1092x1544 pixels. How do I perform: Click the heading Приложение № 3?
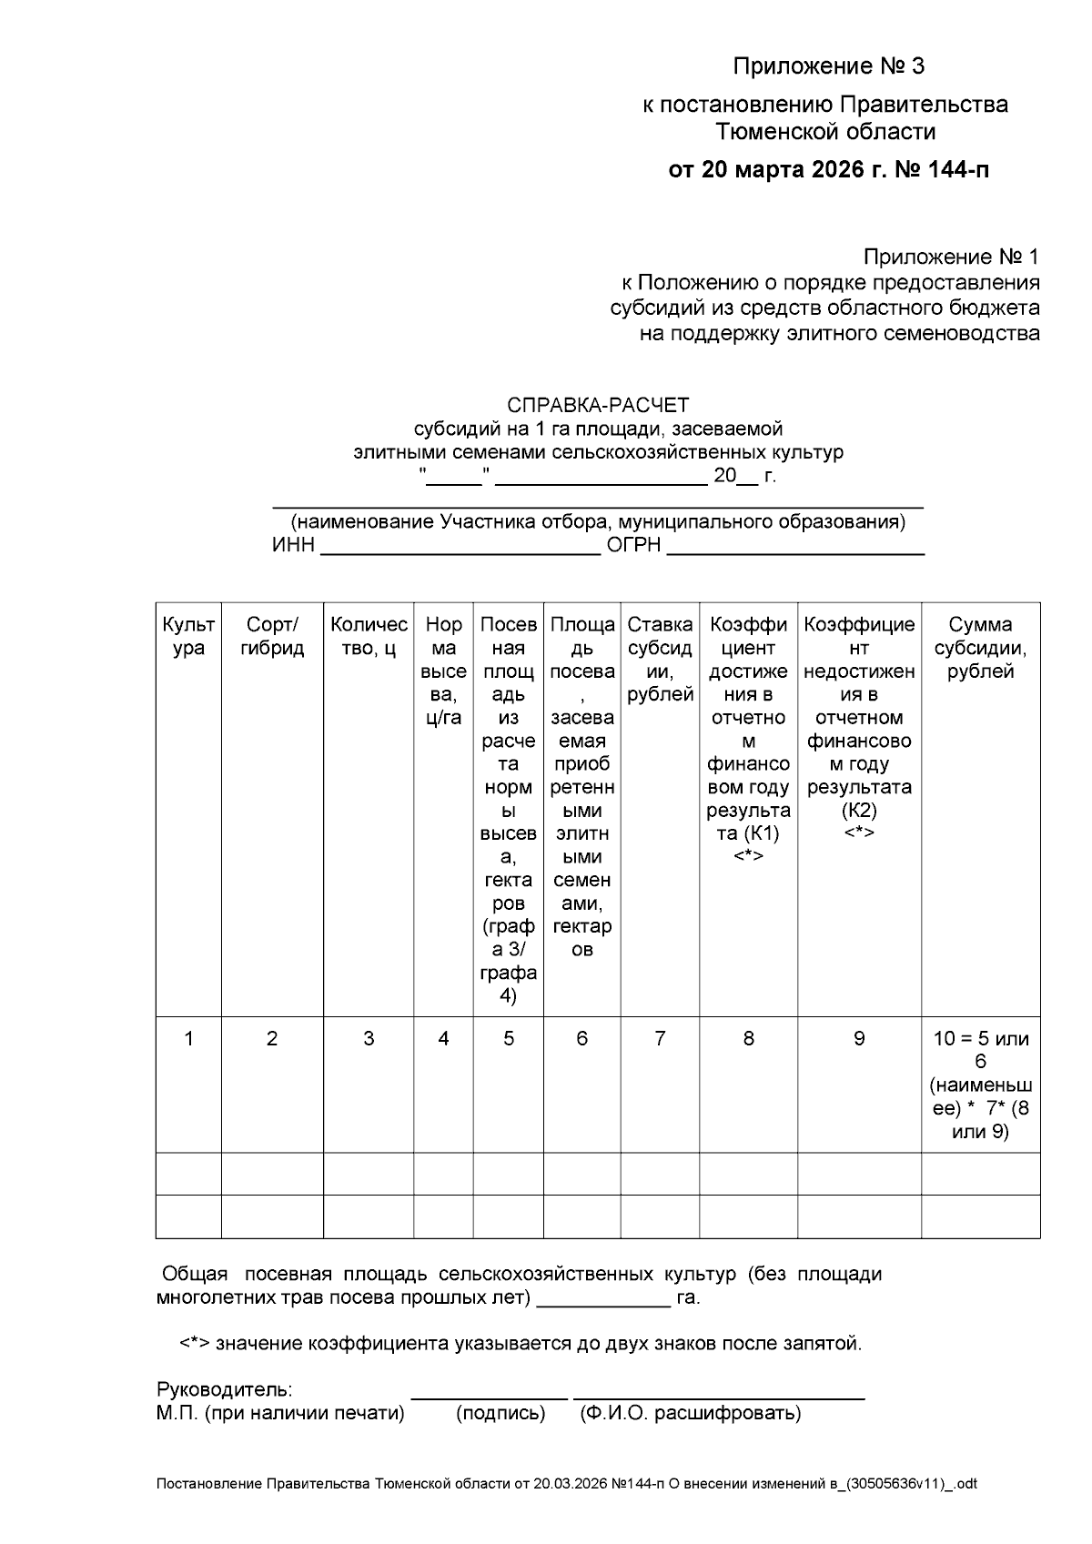828,66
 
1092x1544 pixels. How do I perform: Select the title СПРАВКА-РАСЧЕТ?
598,405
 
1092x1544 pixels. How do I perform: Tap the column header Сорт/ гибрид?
272,636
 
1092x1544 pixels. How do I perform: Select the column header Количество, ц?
369,636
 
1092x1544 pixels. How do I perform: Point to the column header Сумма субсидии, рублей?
980,648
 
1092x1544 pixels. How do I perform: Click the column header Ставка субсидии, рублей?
660,660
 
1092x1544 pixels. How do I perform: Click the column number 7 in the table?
660,1038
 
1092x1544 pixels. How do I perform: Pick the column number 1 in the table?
188,1038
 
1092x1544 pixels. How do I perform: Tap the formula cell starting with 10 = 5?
980,1085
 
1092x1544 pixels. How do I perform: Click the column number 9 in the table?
858,1038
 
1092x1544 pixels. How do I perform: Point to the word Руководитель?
224,1390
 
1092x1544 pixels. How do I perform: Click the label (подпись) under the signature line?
500,1413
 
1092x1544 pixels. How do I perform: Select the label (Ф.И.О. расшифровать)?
690,1413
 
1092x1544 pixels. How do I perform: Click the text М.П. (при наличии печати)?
280,1413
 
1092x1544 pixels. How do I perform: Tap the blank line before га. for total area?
603,1301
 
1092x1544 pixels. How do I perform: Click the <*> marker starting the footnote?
195,1344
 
